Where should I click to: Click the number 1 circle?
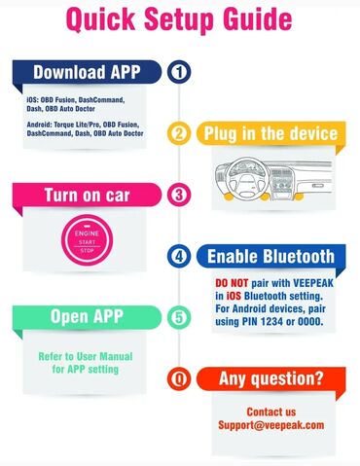179,72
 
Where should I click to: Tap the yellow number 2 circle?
179,133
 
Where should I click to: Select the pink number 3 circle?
179,195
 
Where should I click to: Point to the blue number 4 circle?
179,256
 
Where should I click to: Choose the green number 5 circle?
179,317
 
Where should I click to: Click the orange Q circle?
179,378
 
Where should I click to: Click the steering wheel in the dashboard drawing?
247,179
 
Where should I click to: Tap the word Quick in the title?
100,18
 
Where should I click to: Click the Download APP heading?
87,72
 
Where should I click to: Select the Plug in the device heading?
270,133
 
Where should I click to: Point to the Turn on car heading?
87,195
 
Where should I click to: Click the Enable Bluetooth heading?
270,256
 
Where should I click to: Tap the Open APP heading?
87,316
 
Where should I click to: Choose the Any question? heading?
271,378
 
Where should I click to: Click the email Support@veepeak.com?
271,425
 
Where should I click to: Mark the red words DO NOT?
232,283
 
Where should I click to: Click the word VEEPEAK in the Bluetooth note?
313,283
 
